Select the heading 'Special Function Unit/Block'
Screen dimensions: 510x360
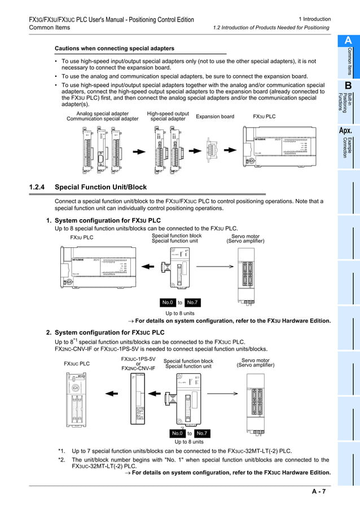(x=100, y=187)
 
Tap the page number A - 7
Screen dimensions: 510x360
(x=319, y=492)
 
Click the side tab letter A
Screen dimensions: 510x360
(x=348, y=41)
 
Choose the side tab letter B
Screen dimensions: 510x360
(x=348, y=85)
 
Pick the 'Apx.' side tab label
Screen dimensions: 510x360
(x=346, y=131)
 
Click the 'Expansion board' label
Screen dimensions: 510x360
(x=215, y=117)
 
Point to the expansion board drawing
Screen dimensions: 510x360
(x=215, y=151)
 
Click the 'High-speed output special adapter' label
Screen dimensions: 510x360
(x=168, y=116)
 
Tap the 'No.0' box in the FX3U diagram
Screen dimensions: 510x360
(x=168, y=302)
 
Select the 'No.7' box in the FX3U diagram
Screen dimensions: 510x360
(x=192, y=302)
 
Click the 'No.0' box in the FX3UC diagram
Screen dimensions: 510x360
(x=177, y=433)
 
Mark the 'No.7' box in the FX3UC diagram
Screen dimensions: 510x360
(x=202, y=433)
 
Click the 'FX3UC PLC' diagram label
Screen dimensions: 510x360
(x=77, y=364)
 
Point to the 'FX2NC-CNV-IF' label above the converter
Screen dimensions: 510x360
(x=138, y=368)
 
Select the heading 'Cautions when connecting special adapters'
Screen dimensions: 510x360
(x=115, y=49)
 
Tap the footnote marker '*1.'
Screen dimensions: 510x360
(x=62, y=451)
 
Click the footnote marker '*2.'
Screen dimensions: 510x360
(x=62, y=460)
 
